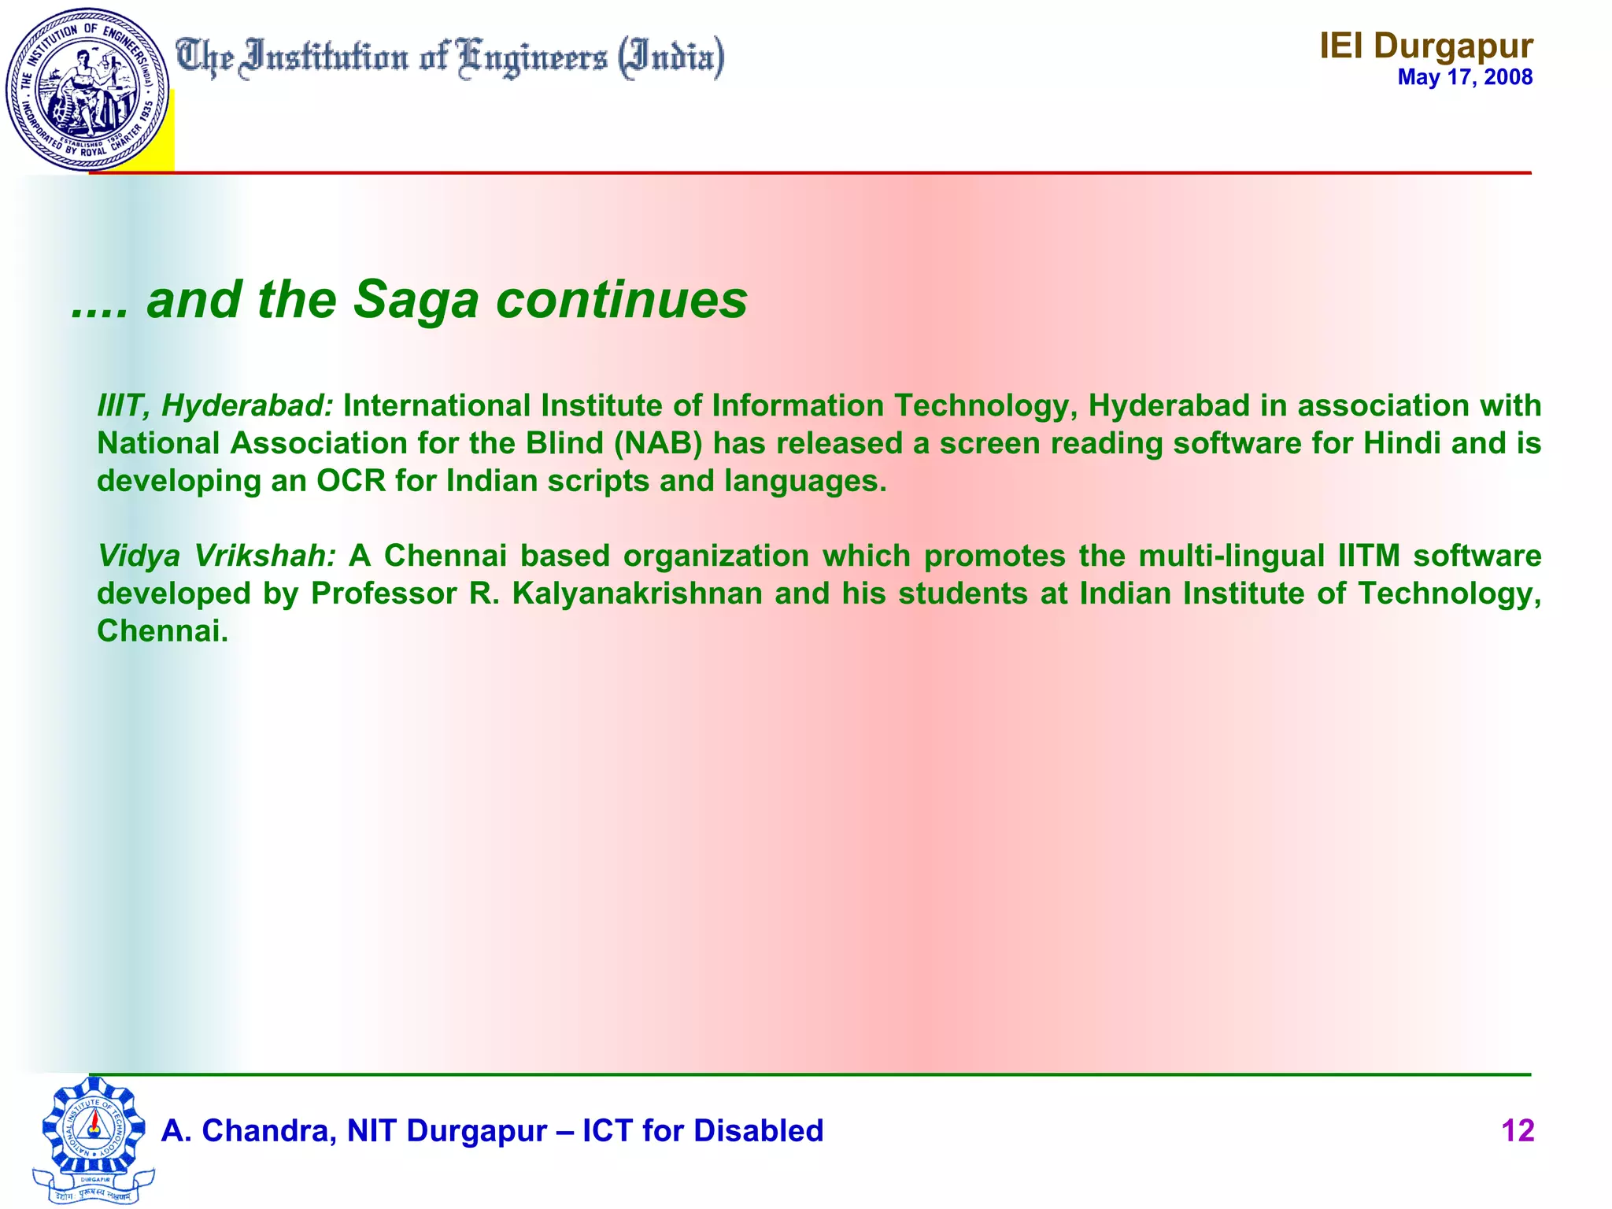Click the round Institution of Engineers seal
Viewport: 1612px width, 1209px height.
pos(87,89)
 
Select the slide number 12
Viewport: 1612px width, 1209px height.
pos(1518,1131)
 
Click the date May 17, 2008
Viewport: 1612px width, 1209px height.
pos(1465,77)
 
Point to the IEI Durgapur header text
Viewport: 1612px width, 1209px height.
pos(1425,46)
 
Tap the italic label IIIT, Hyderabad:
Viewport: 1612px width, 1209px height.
pos(215,406)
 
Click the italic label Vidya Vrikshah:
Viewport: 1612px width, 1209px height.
pos(216,556)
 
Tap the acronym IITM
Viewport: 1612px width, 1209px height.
pos(1369,556)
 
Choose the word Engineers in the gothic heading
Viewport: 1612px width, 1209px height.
pos(533,58)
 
